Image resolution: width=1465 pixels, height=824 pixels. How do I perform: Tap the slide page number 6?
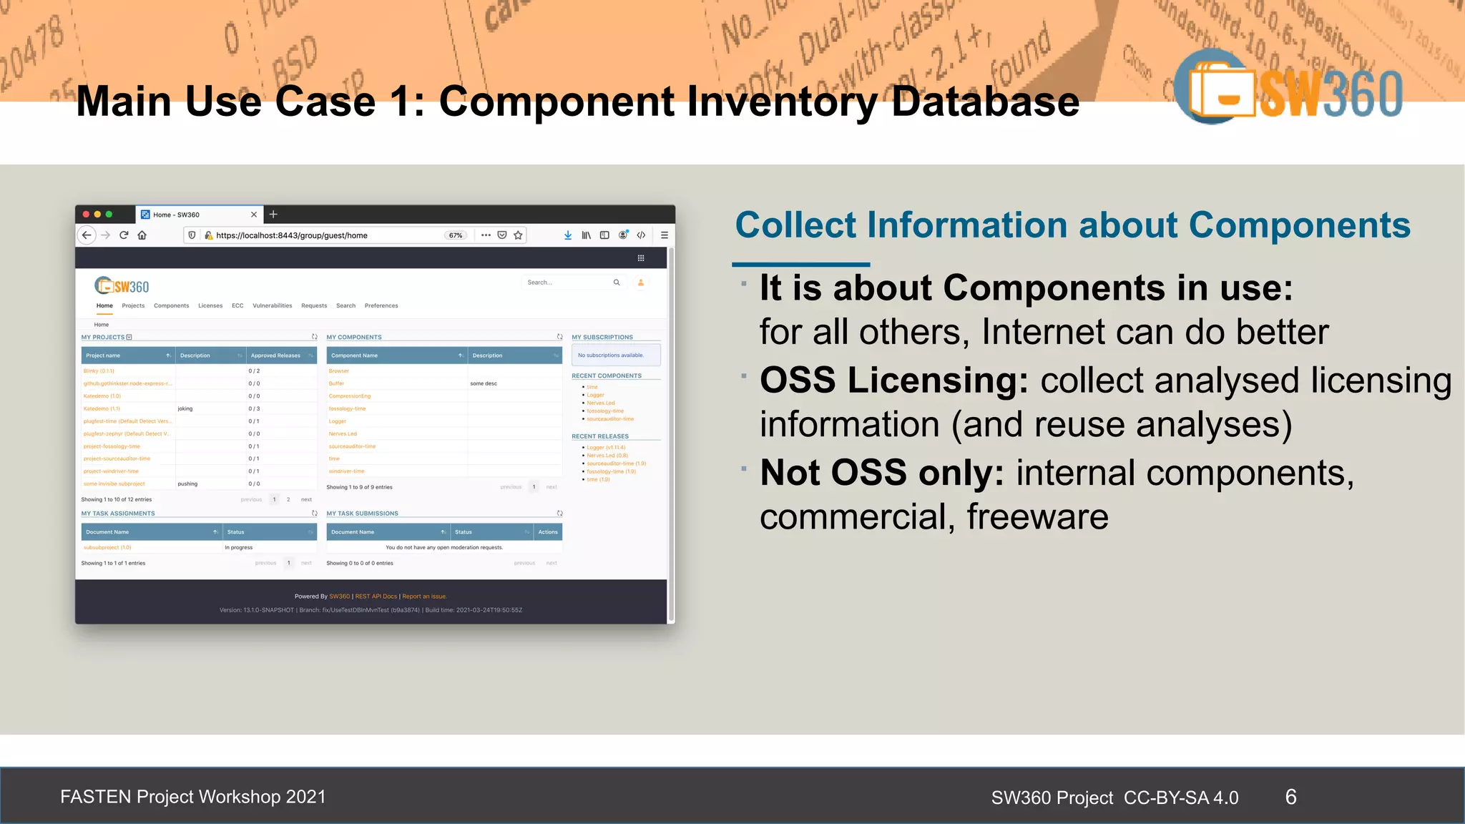[1290, 797]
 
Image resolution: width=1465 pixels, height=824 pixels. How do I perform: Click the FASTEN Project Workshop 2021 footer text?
[193, 797]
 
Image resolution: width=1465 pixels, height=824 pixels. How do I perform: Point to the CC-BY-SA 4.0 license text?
[1181, 798]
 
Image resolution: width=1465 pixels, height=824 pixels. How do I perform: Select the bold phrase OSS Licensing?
[893, 380]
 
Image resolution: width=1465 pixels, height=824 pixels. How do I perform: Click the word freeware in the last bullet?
[1037, 516]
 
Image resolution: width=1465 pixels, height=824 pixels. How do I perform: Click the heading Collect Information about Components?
[1072, 225]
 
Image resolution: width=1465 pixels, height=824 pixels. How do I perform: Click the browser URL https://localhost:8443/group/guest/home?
[292, 235]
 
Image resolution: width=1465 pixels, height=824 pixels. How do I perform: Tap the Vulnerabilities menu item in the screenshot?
[272, 305]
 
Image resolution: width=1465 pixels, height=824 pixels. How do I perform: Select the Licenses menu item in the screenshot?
[210, 305]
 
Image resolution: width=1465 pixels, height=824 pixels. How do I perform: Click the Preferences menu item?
[381, 305]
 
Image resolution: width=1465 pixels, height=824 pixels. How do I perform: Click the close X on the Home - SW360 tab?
[254, 215]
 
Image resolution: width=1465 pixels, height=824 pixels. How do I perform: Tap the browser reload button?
[124, 235]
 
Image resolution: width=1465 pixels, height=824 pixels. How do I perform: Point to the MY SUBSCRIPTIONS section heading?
[602, 337]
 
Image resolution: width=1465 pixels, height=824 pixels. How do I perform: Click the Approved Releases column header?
[276, 355]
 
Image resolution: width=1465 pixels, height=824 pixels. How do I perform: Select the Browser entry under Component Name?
[339, 371]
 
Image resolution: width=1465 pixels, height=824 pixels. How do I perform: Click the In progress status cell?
[239, 547]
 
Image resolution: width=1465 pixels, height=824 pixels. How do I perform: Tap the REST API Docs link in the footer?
[376, 597]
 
